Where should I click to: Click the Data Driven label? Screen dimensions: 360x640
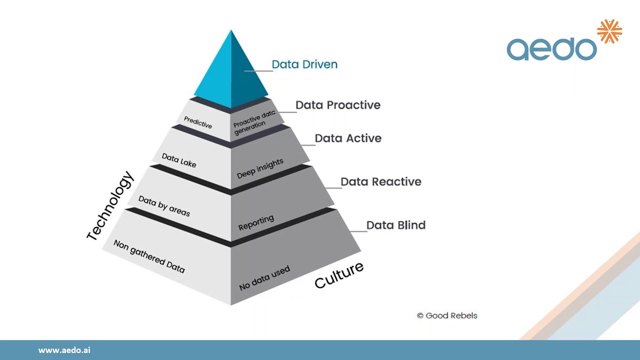304,64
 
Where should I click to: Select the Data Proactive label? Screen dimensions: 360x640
338,105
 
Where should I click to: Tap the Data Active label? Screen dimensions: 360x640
348,138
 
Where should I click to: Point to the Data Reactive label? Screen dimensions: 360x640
381,181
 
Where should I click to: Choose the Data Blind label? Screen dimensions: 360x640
396,225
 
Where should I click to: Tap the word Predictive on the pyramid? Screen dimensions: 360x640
198,122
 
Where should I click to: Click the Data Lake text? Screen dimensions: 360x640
179,160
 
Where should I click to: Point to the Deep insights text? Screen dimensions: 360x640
260,168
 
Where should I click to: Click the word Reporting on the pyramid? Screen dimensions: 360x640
256,223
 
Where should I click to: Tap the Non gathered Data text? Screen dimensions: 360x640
149,256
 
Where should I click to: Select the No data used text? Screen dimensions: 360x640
264,279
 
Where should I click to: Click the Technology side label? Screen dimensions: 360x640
110,206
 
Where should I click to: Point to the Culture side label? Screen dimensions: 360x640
339,275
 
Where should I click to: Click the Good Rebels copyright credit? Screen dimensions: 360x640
447,315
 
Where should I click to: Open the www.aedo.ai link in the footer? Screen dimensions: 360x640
64,350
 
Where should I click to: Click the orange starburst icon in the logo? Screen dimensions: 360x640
609,31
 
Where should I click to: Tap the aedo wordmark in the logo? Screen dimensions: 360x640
551,49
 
